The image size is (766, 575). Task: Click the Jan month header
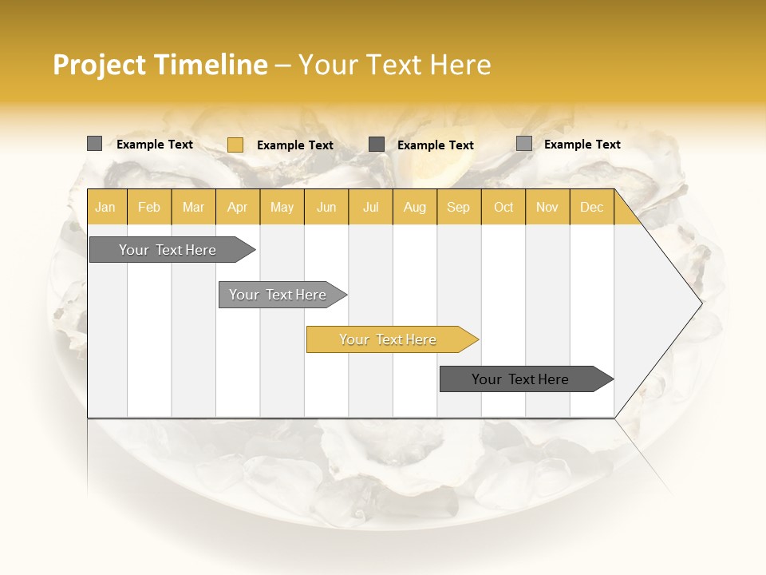point(106,208)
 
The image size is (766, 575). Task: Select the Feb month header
point(149,208)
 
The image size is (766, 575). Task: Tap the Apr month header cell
point(238,208)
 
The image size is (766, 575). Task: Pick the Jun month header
point(326,208)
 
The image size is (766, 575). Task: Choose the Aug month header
point(415,208)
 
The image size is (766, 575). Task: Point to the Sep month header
point(459,208)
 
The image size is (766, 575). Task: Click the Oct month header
point(503,208)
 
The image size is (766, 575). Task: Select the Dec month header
point(592,208)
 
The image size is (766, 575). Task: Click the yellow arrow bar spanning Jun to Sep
point(389,339)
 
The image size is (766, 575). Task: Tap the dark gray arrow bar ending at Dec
point(521,379)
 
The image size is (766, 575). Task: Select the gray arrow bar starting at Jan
point(168,250)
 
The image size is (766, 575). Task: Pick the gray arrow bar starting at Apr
point(278,295)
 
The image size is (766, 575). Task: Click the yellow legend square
point(235,145)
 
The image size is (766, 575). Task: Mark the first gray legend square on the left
point(94,144)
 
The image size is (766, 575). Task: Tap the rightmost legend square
point(523,144)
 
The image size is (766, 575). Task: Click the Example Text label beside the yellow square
point(295,145)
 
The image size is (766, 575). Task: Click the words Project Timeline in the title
point(160,65)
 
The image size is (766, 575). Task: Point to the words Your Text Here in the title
point(395,65)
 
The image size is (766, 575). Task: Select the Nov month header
point(547,208)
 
